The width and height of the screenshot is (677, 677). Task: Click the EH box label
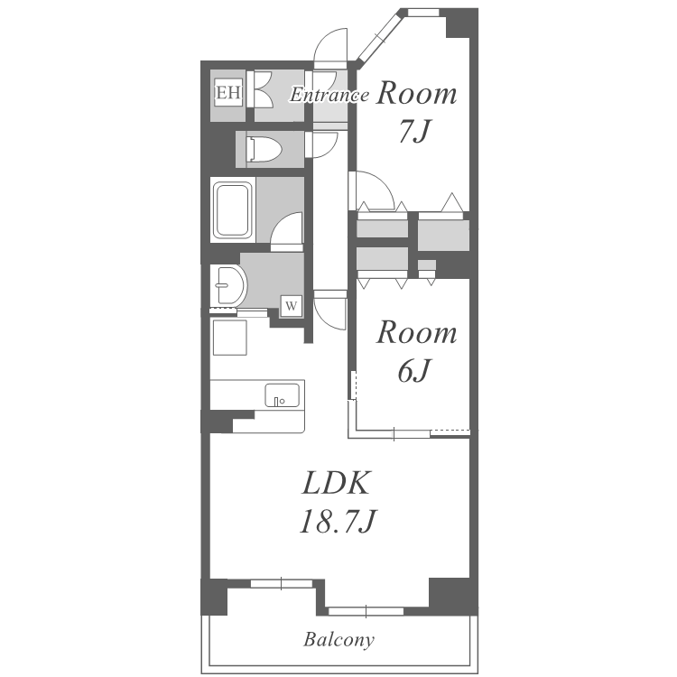click(228, 92)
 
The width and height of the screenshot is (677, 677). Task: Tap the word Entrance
click(329, 95)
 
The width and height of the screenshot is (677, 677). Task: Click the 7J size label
click(415, 131)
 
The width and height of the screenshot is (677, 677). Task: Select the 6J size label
click(414, 370)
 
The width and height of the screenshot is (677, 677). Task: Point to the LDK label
click(337, 483)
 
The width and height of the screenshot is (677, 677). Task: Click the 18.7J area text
click(338, 521)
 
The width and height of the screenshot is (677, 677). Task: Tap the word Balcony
click(338, 639)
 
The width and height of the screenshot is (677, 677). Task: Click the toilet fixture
click(264, 149)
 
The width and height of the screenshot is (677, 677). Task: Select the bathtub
click(233, 210)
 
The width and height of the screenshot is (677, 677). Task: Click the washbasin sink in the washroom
click(229, 285)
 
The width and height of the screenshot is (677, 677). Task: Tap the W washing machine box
click(291, 306)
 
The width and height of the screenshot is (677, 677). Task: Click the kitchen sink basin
click(282, 395)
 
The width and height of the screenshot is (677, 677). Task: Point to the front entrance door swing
click(330, 46)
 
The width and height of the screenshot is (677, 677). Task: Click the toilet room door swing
click(321, 144)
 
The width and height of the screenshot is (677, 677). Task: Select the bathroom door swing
click(287, 231)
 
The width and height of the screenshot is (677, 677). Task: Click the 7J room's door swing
click(372, 190)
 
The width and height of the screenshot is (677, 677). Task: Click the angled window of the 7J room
click(378, 37)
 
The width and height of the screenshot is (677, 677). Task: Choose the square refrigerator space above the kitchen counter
click(229, 338)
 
